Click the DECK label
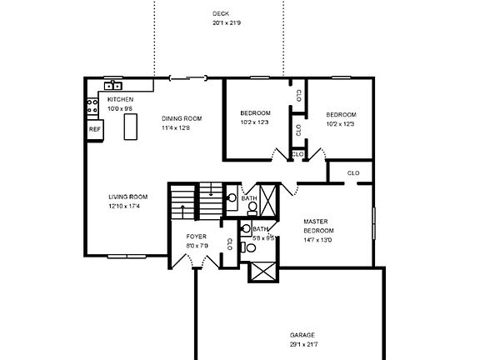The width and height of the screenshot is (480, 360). [221, 14]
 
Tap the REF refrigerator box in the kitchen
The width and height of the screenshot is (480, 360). [95, 129]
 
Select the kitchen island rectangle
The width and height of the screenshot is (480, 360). [130, 127]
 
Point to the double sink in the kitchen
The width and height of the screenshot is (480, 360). [112, 86]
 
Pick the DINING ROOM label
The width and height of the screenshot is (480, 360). [182, 118]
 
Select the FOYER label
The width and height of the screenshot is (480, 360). [197, 237]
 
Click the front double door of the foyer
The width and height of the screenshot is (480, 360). [193, 265]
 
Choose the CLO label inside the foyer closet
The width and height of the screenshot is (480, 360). [228, 244]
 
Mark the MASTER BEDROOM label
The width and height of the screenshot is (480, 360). [317, 226]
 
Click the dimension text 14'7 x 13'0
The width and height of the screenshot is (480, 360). [317, 240]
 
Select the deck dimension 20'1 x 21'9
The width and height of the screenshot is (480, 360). [226, 23]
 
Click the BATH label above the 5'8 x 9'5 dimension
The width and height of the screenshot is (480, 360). [260, 229]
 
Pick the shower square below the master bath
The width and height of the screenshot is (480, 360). [261, 272]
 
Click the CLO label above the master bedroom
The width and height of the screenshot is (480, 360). [352, 172]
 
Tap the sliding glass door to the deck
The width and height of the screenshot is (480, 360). [188, 78]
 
